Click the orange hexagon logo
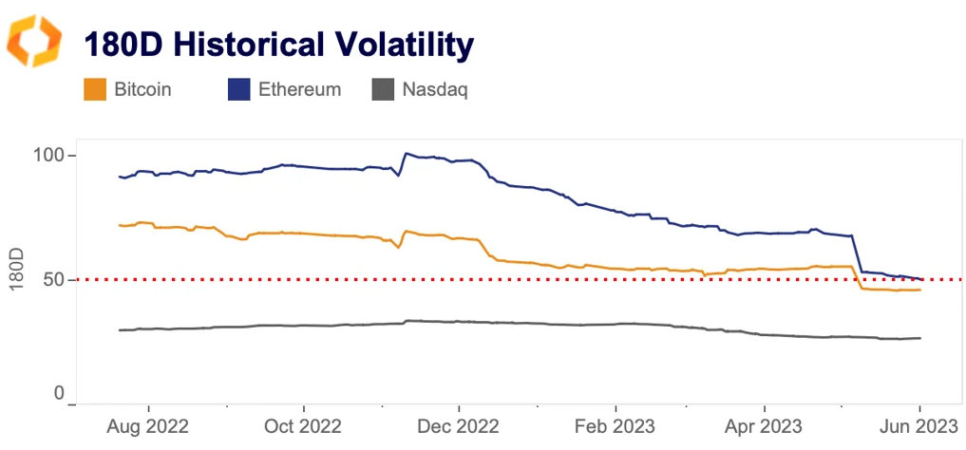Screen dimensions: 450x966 point(33,41)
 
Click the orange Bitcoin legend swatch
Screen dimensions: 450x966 point(95,90)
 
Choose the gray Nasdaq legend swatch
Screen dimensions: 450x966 point(382,90)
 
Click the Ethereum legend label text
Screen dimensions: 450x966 point(299,90)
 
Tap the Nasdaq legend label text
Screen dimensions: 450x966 point(434,90)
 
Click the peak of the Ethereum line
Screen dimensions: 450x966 point(407,153)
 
